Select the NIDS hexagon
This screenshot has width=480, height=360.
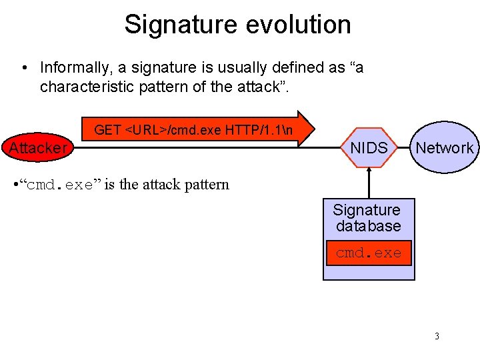(369, 148)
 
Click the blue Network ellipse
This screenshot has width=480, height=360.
(444, 148)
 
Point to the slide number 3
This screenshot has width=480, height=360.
(437, 336)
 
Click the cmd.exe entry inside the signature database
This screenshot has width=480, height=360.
(369, 253)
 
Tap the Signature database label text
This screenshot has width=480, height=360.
(368, 219)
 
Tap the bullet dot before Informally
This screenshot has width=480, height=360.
(24, 68)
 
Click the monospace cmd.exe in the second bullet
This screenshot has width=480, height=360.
(59, 185)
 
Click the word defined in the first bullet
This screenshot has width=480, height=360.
(267, 68)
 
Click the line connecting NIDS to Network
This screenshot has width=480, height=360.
(403, 148)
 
